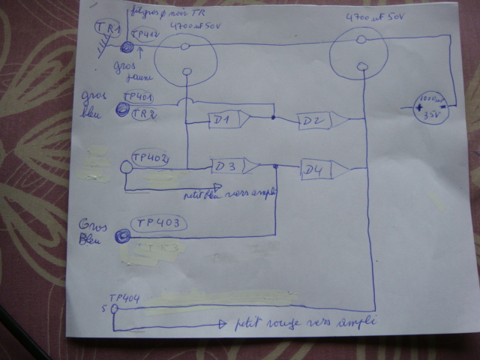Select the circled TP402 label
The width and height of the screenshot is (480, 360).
coord(148,157)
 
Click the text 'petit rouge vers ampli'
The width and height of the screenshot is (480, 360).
coord(304,324)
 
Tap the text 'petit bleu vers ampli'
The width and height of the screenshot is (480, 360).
coord(229,193)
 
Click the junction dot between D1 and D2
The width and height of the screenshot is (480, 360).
coord(273,118)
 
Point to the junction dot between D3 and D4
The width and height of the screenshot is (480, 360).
coord(276,167)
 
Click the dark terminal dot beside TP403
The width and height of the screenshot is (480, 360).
coord(121,237)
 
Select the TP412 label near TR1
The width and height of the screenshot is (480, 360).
coord(145,34)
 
